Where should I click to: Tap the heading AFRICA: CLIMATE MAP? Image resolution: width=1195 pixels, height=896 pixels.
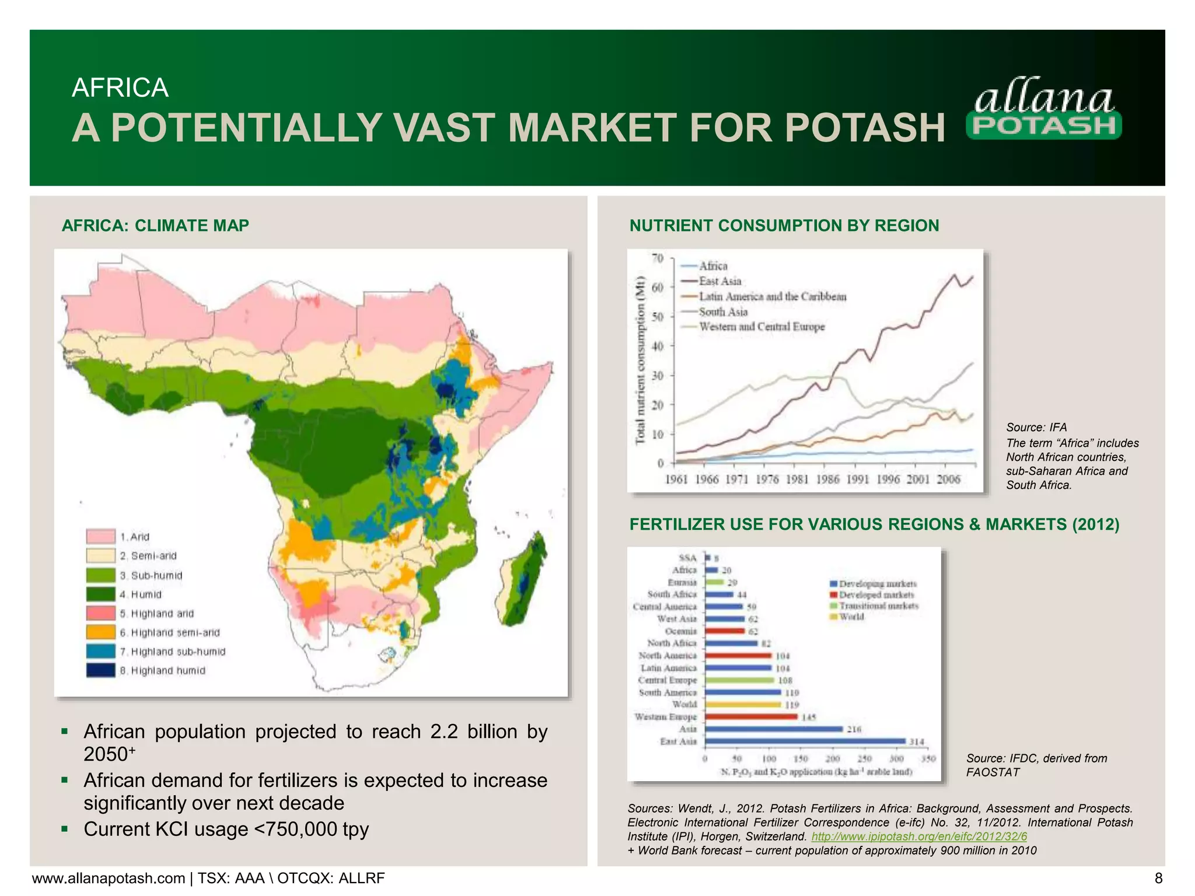pyautogui.click(x=155, y=226)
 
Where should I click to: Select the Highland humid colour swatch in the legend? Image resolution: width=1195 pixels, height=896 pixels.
pyautogui.click(x=100, y=670)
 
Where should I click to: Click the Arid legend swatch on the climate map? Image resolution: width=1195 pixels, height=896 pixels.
pyautogui.click(x=100, y=537)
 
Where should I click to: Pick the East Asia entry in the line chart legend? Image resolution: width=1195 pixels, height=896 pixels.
pyautogui.click(x=719, y=281)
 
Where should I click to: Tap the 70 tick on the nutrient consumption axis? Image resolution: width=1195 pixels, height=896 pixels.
pyautogui.click(x=658, y=258)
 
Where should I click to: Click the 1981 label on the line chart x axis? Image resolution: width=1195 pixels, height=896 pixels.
pyautogui.click(x=797, y=480)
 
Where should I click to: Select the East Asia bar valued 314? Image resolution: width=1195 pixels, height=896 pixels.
pyautogui.click(x=805, y=741)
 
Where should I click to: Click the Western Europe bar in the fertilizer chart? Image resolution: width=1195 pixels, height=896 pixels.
pyautogui.click(x=752, y=717)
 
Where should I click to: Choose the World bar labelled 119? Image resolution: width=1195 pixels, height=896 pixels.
pyautogui.click(x=743, y=705)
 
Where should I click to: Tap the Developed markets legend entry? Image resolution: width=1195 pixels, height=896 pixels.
pyautogui.click(x=876, y=595)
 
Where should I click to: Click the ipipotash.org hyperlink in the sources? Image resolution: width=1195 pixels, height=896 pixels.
pyautogui.click(x=919, y=836)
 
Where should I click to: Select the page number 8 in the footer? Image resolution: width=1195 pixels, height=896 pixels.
pyautogui.click(x=1158, y=878)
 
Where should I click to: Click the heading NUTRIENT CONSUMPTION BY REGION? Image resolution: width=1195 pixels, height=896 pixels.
pyautogui.click(x=784, y=226)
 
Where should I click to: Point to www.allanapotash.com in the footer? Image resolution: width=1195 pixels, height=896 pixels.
pyautogui.click(x=109, y=878)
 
